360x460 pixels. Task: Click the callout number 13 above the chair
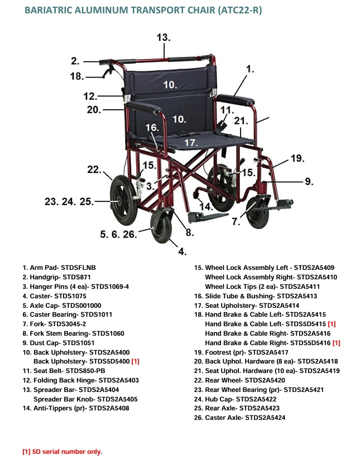[163, 38]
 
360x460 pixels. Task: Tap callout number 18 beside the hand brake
[77, 76]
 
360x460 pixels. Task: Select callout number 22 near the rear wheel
[94, 170]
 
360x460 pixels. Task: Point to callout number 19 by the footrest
[297, 158]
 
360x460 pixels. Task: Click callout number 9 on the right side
[309, 181]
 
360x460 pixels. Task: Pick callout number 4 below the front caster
[182, 251]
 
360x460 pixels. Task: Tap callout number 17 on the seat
[191, 143]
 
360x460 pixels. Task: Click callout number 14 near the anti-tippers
[206, 206]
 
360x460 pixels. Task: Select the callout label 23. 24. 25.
[69, 201]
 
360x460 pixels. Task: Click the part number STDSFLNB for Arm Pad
[84, 268]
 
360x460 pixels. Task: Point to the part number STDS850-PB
[86, 371]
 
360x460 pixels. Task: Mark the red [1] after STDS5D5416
[336, 343]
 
